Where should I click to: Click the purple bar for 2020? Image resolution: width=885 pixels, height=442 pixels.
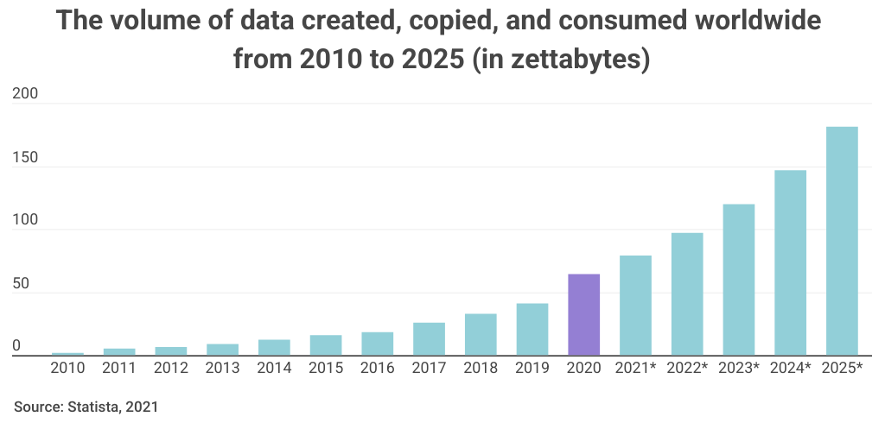[583, 314]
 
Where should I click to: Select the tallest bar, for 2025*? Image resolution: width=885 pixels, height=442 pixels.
[842, 241]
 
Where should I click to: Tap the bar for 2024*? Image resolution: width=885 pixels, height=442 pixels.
[790, 262]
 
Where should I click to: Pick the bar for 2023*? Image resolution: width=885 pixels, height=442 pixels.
[739, 280]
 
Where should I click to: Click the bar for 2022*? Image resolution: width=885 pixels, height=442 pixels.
[687, 294]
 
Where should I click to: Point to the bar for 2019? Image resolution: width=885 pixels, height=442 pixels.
[532, 329]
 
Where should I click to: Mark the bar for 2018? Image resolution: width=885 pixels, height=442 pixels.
[481, 334]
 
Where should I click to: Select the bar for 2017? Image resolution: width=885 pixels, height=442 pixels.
[429, 338]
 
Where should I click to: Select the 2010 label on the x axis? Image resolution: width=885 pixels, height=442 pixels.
[67, 368]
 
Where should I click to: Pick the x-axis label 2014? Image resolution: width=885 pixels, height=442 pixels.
[274, 368]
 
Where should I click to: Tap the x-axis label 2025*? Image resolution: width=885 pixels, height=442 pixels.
[842, 368]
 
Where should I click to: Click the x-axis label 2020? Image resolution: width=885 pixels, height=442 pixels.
[583, 368]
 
